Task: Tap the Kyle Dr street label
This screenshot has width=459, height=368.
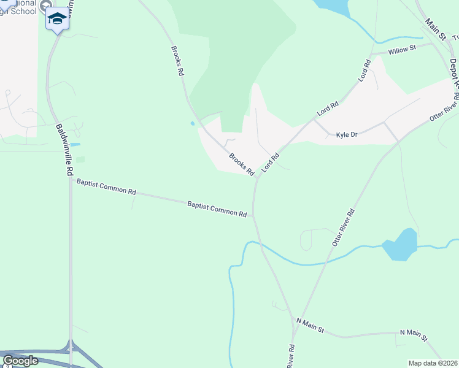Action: (x=346, y=134)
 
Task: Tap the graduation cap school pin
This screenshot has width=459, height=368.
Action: (x=57, y=18)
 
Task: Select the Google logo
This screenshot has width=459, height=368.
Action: (x=20, y=361)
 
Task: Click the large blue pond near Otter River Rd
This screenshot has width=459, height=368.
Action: (x=400, y=245)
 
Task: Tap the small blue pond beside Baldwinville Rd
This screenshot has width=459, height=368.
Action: (x=75, y=144)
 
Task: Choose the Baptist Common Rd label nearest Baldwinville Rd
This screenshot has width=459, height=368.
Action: (x=106, y=186)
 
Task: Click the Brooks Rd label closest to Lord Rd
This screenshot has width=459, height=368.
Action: (x=241, y=164)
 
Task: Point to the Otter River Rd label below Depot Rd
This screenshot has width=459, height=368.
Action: (x=444, y=109)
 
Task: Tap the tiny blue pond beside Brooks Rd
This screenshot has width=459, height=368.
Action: (x=193, y=123)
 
